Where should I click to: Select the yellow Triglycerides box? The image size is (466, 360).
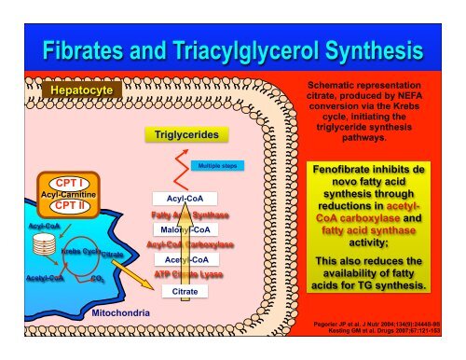coord(186,135)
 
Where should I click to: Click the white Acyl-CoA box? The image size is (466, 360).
coord(185,199)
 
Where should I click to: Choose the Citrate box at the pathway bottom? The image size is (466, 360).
coord(185,292)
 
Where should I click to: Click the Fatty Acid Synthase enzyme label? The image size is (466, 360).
coord(185,215)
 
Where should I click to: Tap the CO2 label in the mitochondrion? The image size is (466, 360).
coord(98,277)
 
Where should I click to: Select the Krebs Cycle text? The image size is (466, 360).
coord(77,251)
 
